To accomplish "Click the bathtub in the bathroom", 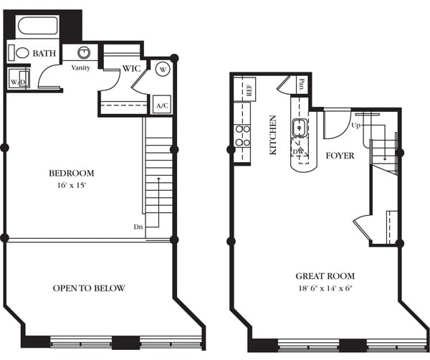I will click(38, 27).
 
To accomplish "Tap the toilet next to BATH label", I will click(21, 53).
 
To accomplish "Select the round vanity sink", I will click(83, 52).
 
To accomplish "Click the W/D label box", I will click(17, 81).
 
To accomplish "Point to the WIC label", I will click(130, 69).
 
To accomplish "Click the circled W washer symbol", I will click(161, 70).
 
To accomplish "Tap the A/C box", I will click(162, 105).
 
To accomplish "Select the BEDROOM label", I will click(71, 173).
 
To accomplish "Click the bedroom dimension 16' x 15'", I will click(71, 184).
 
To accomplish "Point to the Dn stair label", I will click(138, 226).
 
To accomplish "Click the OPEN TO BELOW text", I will click(89, 288).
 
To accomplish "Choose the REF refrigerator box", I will click(249, 91).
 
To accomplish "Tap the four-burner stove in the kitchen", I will click(242, 135).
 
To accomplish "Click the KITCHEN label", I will click(272, 135).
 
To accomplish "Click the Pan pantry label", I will click(301, 83).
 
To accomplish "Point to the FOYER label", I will click(340, 155).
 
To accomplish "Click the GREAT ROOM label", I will click(325, 276).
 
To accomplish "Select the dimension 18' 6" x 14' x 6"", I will click(325, 288).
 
